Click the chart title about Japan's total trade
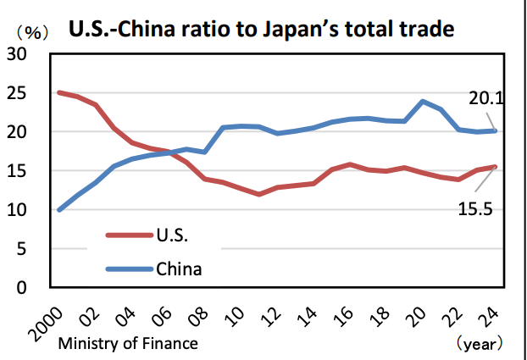pos(263,30)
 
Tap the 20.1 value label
pos(486,99)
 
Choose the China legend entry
pos(179,269)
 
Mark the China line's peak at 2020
pos(423,102)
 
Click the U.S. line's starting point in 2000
pos(58,92)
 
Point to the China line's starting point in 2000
pos(58,209)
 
